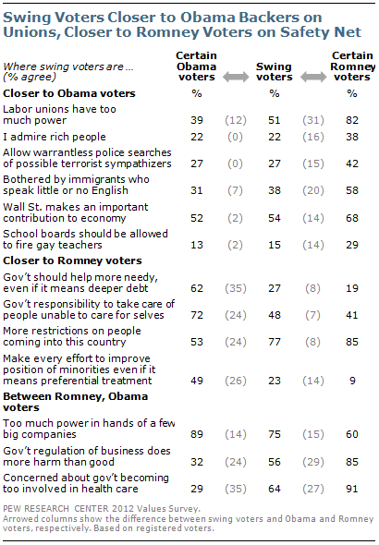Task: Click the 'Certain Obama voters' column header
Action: (x=197, y=66)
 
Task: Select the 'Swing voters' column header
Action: (x=275, y=72)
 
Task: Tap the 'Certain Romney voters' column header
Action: (x=352, y=66)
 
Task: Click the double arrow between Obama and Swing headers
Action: (x=236, y=77)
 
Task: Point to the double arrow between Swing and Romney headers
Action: (x=313, y=77)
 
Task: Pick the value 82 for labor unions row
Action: (x=352, y=120)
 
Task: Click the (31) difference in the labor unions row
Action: (x=313, y=120)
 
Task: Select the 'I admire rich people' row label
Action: (x=55, y=137)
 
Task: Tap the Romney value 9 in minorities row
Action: (x=352, y=381)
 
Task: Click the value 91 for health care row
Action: (x=352, y=489)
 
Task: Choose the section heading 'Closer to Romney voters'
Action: (x=72, y=260)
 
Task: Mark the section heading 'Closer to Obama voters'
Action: (x=69, y=93)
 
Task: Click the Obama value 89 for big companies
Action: (x=197, y=434)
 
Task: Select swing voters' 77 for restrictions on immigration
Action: (x=275, y=342)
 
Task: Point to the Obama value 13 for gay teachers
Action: (x=197, y=245)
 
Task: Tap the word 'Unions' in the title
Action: (x=31, y=32)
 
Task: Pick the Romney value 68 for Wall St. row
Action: (x=352, y=218)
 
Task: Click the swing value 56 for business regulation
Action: (x=275, y=462)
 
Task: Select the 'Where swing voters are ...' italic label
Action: (x=68, y=67)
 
